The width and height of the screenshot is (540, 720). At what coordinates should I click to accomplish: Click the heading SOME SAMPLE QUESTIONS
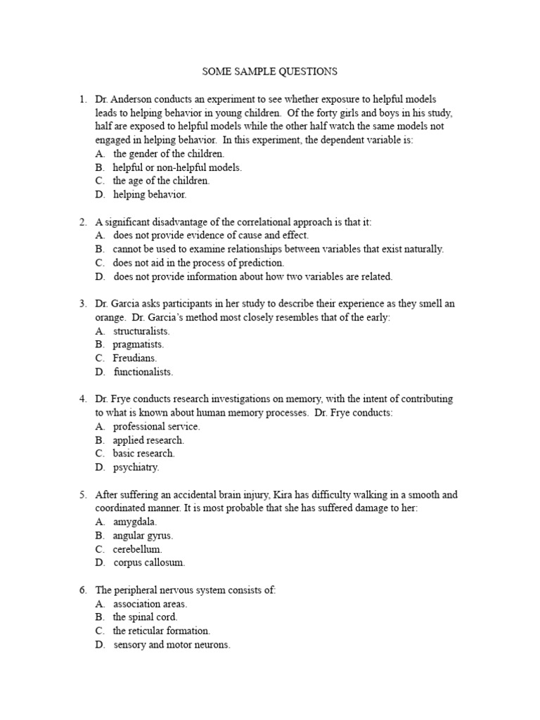point(270,71)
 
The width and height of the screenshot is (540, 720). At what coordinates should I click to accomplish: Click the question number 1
point(82,100)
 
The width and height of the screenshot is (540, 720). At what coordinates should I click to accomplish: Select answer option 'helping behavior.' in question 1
point(150,194)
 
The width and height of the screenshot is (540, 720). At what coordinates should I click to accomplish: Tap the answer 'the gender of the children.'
point(169,153)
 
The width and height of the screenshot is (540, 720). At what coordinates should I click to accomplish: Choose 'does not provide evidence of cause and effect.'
point(210,236)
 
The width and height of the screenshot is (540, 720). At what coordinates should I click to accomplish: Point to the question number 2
point(82,221)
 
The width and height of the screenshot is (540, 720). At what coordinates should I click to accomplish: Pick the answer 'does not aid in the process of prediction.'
point(198,262)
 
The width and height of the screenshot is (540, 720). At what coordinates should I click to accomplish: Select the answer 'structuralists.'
point(141,330)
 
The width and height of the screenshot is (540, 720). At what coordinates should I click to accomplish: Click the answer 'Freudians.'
point(135,358)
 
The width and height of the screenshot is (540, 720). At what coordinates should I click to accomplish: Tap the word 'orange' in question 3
point(110,317)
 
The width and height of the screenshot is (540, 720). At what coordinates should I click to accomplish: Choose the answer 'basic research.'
point(143,454)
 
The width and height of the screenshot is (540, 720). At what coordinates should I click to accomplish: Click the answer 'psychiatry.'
point(136,467)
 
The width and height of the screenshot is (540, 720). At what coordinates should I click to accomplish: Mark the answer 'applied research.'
point(148,440)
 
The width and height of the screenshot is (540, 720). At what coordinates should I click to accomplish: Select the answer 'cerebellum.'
point(137,548)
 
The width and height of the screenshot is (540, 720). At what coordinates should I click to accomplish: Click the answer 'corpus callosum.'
point(149,562)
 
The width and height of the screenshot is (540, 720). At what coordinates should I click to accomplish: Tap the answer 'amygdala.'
point(136,522)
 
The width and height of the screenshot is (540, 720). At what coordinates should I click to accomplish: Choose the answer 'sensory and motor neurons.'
point(172,645)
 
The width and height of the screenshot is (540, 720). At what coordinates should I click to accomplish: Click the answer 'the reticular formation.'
point(161,631)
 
